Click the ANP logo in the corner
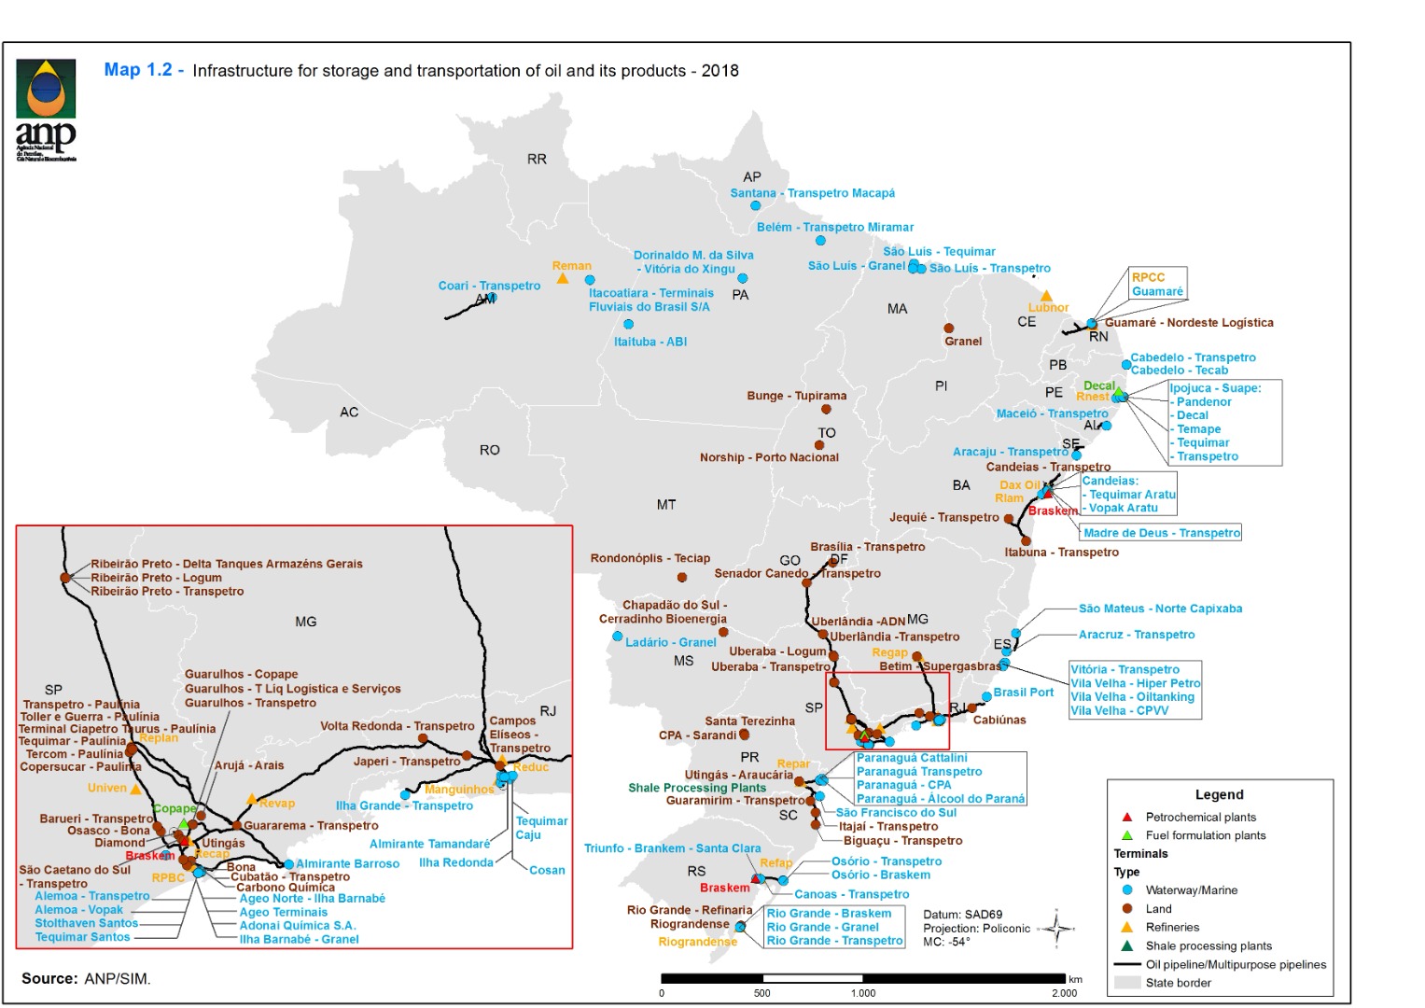pos(45,109)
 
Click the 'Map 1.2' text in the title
pos(138,70)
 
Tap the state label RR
pos(537,160)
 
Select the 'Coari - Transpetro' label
pos(489,286)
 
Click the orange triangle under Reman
pos(562,279)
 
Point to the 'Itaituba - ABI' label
pos(650,342)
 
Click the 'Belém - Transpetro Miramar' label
pos(834,227)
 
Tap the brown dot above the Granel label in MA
pos(948,329)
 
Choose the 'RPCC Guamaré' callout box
pos(1157,285)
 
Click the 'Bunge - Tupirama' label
pos(796,396)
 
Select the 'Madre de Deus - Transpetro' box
pos(1161,533)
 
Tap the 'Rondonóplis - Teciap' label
pos(650,558)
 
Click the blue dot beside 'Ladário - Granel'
pos(617,637)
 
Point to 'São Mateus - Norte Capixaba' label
pos(1160,609)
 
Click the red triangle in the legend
pos(1127,817)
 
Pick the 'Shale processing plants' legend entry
pos(1208,945)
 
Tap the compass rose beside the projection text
pos(1057,928)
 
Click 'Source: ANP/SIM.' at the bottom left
pos(86,978)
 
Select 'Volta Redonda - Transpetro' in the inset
pos(397,726)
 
